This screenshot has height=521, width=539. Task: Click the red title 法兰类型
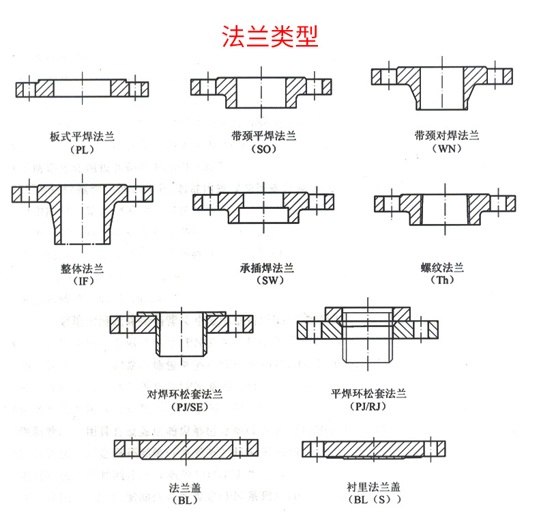(270, 36)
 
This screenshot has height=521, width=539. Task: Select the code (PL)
(81, 150)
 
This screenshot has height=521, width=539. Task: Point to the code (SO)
(263, 150)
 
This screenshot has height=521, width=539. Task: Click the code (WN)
(447, 149)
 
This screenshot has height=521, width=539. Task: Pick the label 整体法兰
(82, 268)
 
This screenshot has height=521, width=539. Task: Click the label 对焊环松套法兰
(185, 395)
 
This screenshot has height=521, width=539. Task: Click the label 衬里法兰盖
(373, 488)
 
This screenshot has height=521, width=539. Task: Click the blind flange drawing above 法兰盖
(186, 448)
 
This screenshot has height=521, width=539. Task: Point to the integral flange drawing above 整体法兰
(82, 212)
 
